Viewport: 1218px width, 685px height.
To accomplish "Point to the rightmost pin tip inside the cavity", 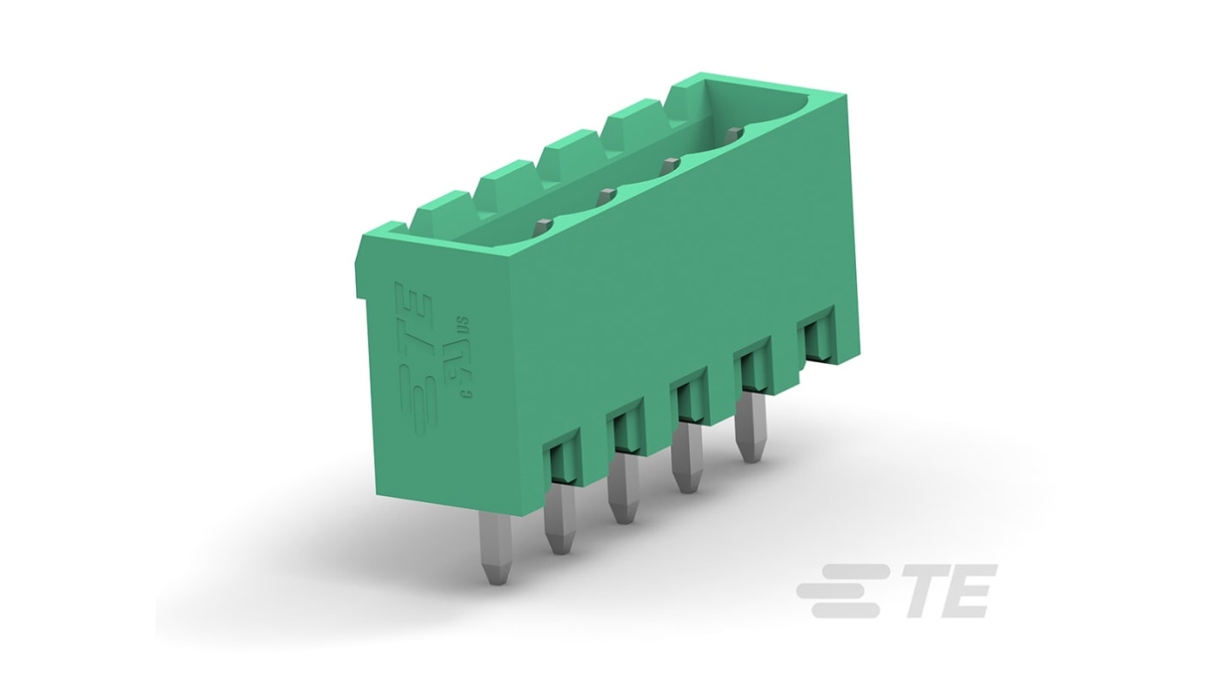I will click(x=732, y=134).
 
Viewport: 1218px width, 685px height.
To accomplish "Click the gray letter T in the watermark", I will click(x=925, y=591).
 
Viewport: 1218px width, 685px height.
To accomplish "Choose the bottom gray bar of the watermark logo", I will click(x=845, y=611).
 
